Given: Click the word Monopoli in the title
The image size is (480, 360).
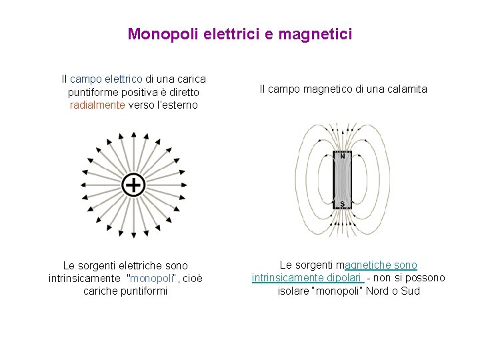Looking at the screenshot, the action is [x=159, y=34].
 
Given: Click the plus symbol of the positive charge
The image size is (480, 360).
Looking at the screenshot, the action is [x=134, y=185].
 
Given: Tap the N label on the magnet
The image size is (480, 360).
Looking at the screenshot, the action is [x=342, y=157].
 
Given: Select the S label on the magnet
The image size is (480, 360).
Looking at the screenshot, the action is [x=342, y=204].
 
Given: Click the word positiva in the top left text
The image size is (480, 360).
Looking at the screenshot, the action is [x=134, y=91].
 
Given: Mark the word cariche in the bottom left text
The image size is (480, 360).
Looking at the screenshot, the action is [x=100, y=291].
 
